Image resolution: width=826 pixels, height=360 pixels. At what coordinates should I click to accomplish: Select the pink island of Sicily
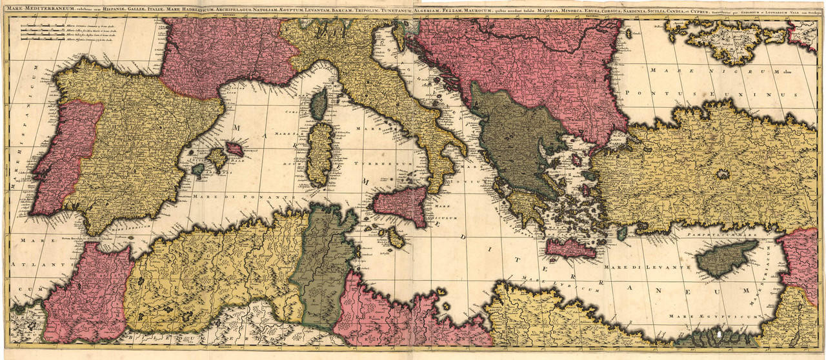coord(401,205)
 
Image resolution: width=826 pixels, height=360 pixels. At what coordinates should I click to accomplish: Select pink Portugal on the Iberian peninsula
coord(65,158)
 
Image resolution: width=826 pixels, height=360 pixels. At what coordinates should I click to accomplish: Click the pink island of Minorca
coord(234,149)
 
